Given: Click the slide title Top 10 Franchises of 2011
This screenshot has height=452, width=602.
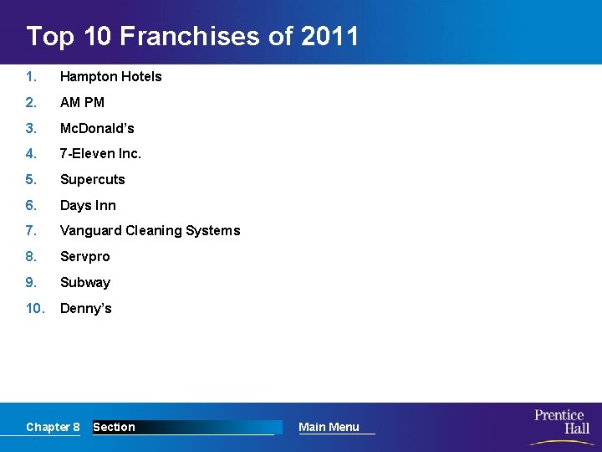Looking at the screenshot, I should pos(192,37).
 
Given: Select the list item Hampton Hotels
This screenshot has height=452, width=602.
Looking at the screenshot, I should pos(110,76).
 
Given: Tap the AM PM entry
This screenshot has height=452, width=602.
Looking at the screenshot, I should pos(82,102).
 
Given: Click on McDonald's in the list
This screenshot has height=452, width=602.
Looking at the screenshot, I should pos(97,128).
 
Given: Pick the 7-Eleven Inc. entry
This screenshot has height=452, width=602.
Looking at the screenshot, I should pos(100,153).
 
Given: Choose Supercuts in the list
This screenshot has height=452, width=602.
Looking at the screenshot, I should pos(92,179).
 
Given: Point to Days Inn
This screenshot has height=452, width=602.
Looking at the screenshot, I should pos(88,205).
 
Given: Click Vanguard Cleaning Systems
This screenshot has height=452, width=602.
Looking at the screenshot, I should pos(150,230).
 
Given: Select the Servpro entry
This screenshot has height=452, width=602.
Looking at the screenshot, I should pos(84,256).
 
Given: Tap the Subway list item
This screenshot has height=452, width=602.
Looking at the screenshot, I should pos(84,282).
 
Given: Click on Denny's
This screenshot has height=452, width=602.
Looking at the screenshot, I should pos(85,308).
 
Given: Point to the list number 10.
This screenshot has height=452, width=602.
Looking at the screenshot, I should pos(34,308).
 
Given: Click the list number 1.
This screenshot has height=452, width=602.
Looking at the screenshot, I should pos(31,76).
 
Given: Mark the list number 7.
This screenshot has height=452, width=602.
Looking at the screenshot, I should pos(31,230).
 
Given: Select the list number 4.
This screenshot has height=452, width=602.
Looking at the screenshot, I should pos(31,153).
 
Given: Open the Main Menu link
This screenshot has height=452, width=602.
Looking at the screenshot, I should pos(329,427).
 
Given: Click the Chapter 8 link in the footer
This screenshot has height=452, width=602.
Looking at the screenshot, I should pos(53,427).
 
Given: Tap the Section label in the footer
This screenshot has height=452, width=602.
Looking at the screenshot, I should pos(114,427).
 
